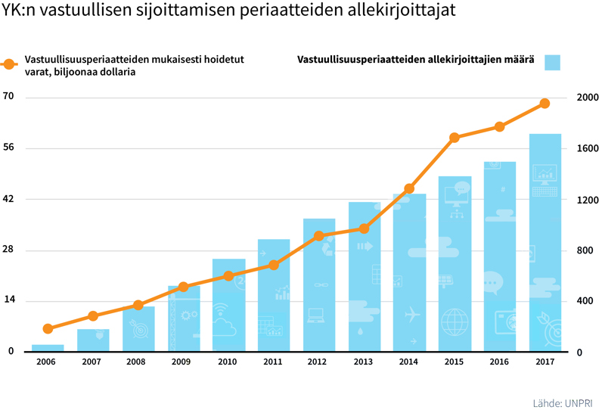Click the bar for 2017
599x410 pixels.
pos(545,242)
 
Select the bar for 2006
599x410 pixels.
pos(48,348)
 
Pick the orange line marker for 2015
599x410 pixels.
pos(455,138)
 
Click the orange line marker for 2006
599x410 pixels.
pos(48,329)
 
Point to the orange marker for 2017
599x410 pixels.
pos(545,103)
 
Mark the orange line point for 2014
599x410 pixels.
pos(409,188)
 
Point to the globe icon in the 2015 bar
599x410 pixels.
pos(455,321)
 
